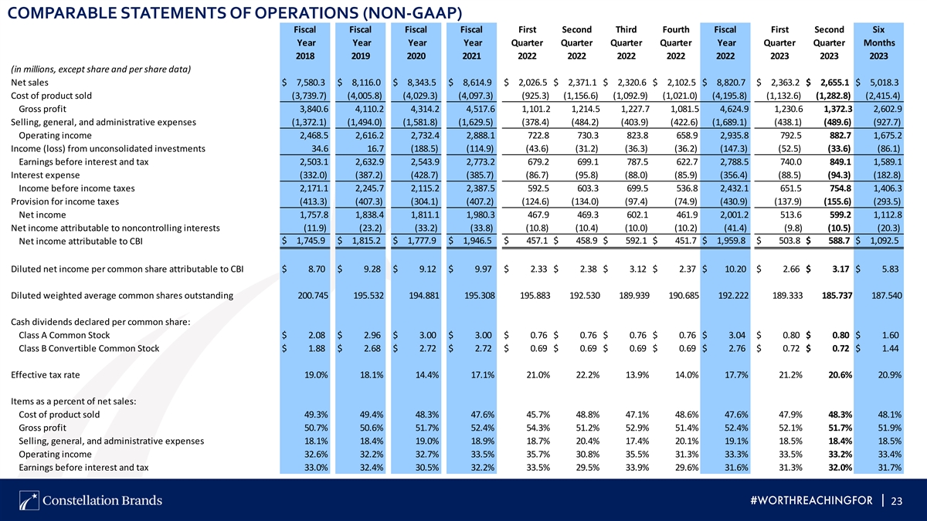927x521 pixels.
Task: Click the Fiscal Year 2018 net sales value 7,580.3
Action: click(311, 83)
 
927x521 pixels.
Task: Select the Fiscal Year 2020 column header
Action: click(416, 42)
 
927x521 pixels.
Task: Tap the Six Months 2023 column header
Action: click(879, 42)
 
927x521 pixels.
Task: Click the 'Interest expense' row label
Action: click(45, 175)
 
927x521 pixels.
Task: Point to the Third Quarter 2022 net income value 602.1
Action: click(637, 215)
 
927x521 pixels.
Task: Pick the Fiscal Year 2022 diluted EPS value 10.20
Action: click(735, 269)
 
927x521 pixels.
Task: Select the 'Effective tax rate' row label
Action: click(45, 375)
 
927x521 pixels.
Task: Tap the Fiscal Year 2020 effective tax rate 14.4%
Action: click(426, 375)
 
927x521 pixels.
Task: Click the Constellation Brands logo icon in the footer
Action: click(29, 501)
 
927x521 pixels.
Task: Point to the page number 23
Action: click(896, 501)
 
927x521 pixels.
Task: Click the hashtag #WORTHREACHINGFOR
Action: click(812, 501)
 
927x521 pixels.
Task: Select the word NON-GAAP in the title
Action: click(413, 13)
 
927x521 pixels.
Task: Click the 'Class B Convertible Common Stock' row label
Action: click(89, 349)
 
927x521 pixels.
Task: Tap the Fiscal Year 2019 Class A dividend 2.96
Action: click(372, 335)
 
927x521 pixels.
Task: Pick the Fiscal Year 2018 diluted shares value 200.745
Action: click(313, 296)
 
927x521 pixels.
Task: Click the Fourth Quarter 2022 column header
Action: click(676, 42)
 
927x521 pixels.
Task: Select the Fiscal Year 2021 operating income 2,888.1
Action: click(480, 136)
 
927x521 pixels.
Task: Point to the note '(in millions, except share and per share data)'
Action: click(100, 69)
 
